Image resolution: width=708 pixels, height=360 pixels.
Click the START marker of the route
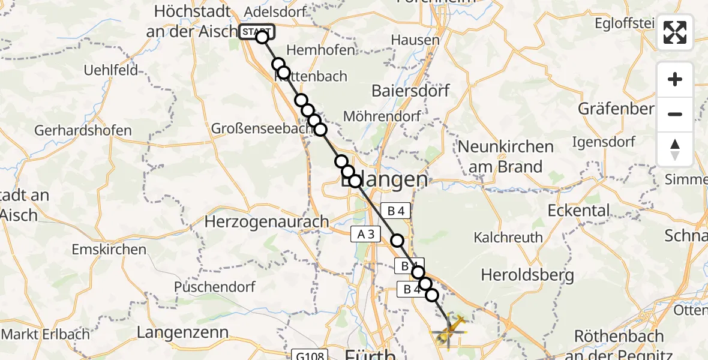pos(256,32)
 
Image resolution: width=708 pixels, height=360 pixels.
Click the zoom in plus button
pos(675,79)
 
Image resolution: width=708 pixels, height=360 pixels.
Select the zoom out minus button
pos(675,114)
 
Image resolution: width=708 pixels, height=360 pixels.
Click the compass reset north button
pos(675,149)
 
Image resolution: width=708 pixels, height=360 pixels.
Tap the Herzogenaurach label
pos(266,221)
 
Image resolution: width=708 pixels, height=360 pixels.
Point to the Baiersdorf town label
pos(410,91)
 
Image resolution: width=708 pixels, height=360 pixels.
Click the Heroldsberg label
pos(527,275)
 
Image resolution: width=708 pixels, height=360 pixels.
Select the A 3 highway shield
pos(365,235)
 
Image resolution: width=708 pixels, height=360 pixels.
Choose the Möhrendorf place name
pos(382,116)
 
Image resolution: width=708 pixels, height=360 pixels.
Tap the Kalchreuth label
pos(508,238)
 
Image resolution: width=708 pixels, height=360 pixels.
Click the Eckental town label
pos(578,211)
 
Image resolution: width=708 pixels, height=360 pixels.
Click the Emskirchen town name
pos(109,249)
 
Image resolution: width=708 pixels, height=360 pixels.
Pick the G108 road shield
pos(310,356)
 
